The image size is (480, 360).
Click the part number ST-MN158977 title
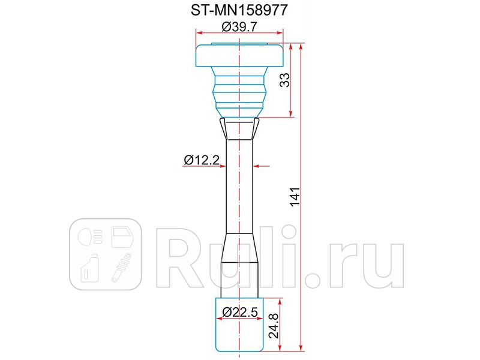point(239,10)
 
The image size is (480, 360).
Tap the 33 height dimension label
point(285,80)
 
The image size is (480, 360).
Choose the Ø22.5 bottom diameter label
point(239,312)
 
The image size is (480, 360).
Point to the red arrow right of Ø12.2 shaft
point(263,165)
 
